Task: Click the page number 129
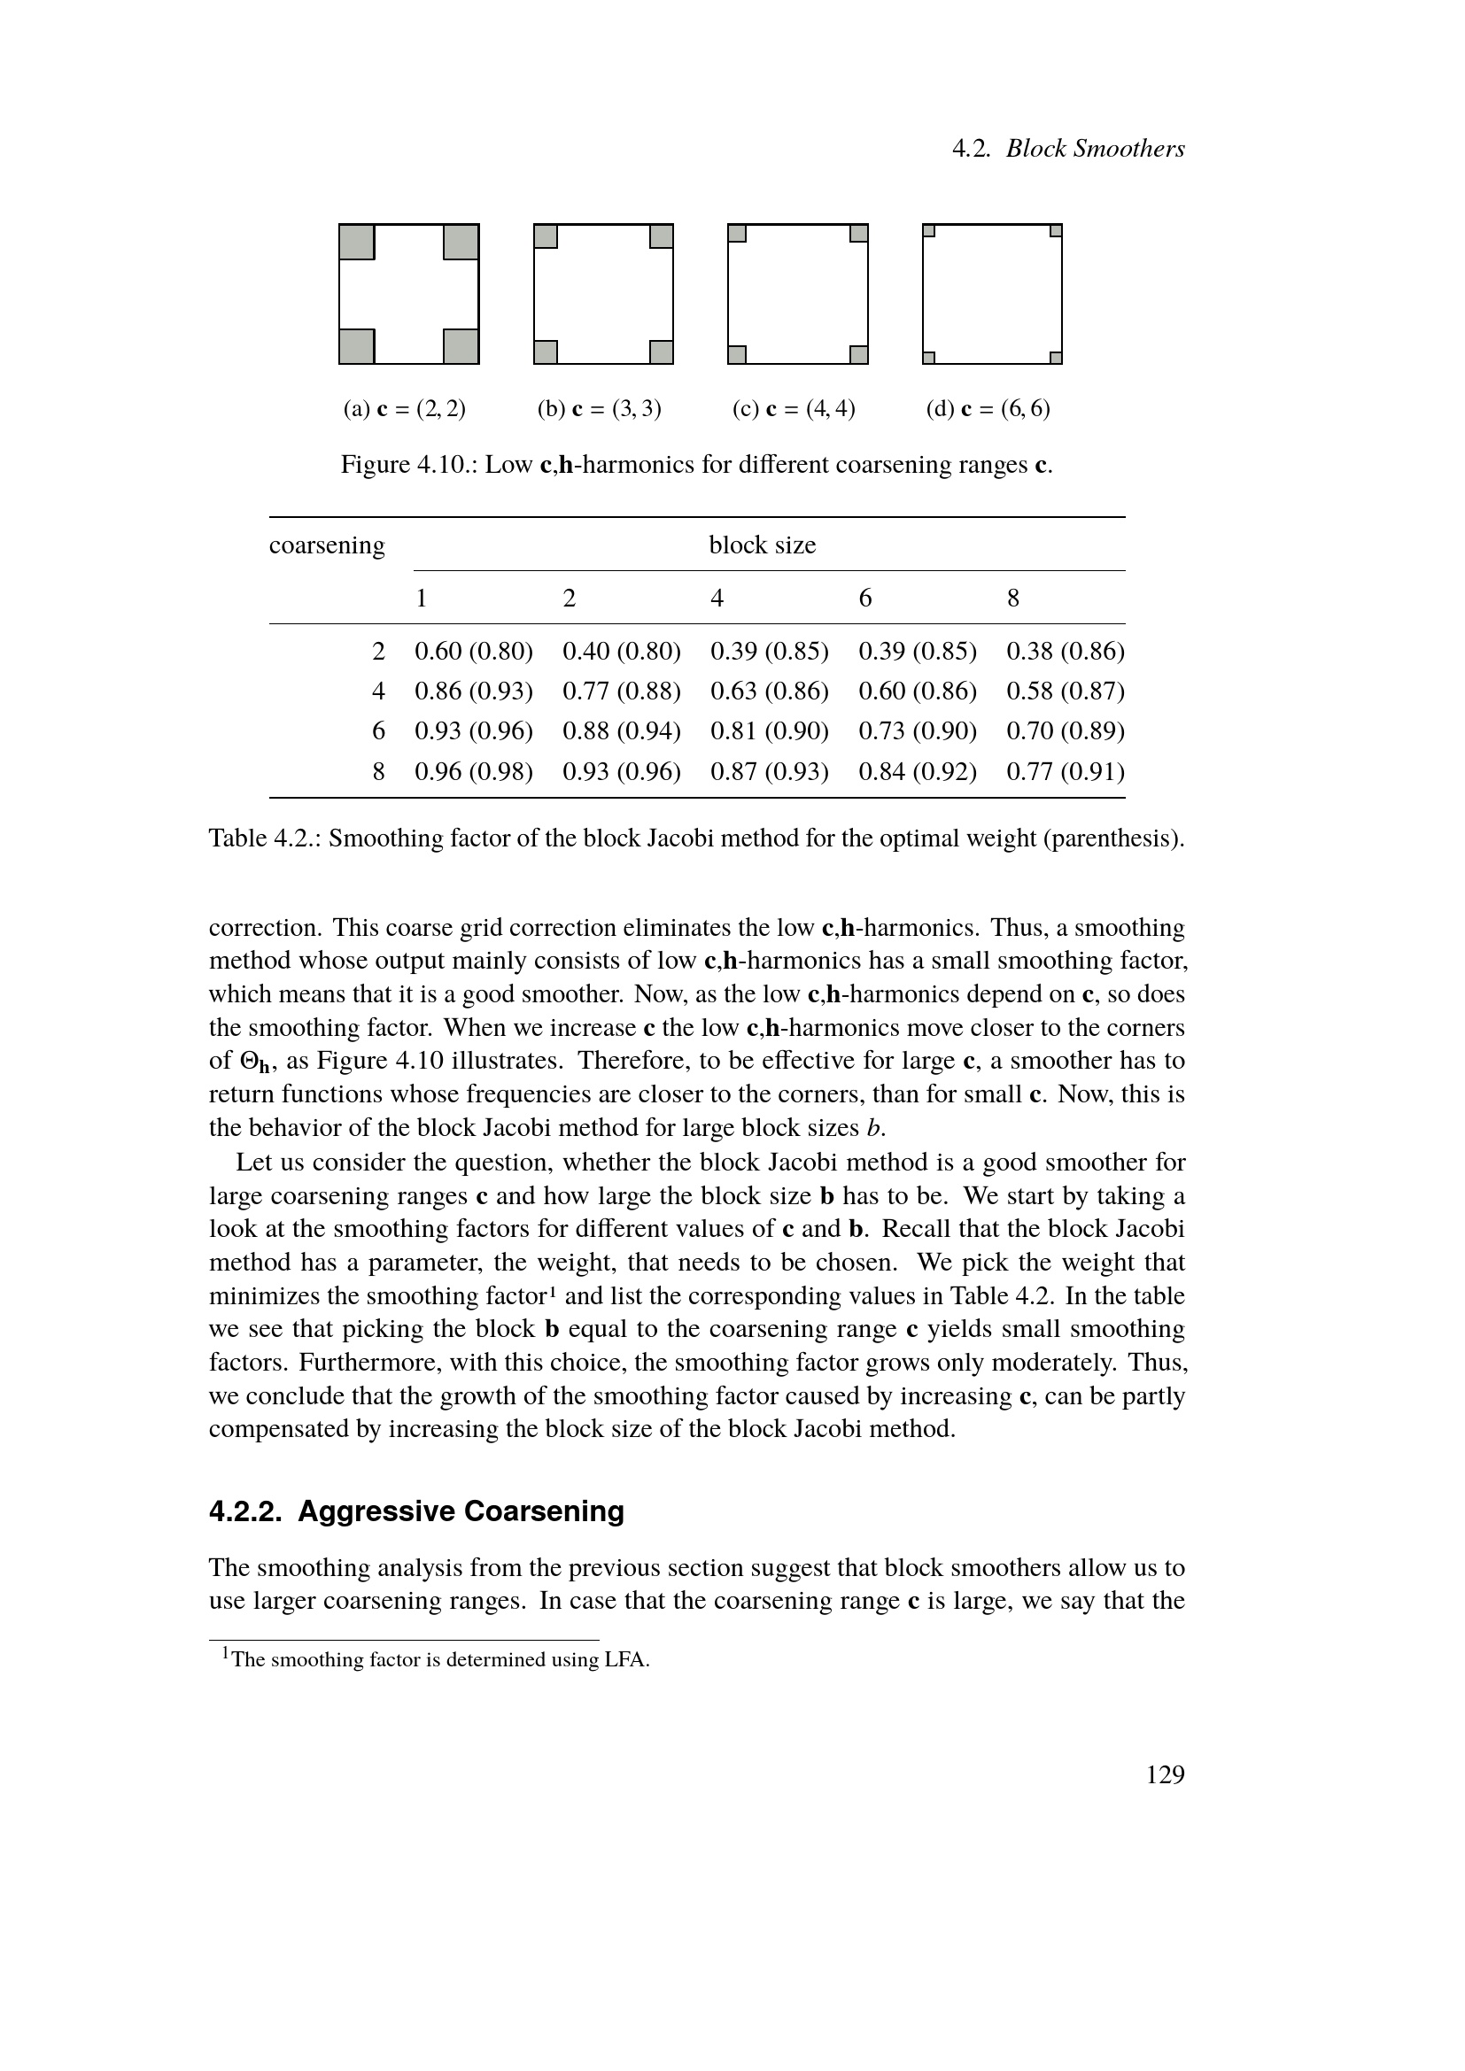coord(1165,1774)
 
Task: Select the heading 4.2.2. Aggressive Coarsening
coord(416,1511)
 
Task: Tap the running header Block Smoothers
coord(1095,149)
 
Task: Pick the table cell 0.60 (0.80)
coord(474,652)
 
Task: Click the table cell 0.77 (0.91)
coord(1066,771)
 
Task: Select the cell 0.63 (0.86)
coord(770,691)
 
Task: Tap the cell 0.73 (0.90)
coord(918,730)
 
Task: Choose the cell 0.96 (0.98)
coord(474,771)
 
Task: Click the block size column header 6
coord(865,598)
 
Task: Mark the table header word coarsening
coord(327,545)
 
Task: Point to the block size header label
coord(763,545)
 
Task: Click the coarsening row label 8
coord(379,771)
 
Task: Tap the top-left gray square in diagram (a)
coord(356,242)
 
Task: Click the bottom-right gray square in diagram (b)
coord(662,352)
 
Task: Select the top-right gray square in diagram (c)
coord(859,234)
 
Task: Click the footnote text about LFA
coord(440,1659)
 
